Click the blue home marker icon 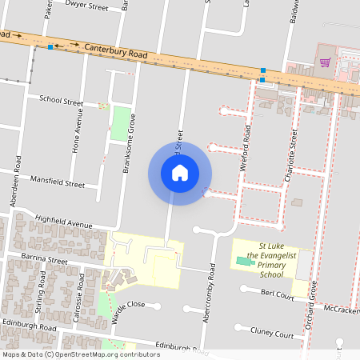click(180, 173)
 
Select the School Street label click(62, 102)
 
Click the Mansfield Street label click(57, 183)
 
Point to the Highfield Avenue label click(64, 222)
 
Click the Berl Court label click(278, 295)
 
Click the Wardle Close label click(129, 305)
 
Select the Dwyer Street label click(87, 6)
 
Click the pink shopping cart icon click(325, 62)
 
